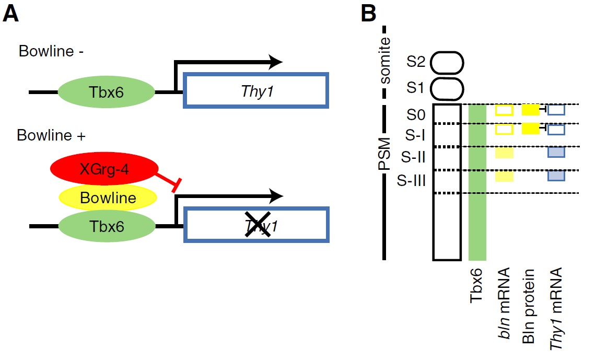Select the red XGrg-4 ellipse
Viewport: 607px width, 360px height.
(x=104, y=169)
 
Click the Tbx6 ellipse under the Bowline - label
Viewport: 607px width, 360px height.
(x=106, y=93)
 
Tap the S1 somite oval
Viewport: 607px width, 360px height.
(x=447, y=88)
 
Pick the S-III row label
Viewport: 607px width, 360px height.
(x=413, y=181)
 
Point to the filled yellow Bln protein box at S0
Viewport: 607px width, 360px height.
(x=530, y=110)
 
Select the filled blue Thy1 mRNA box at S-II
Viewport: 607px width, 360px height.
(x=556, y=153)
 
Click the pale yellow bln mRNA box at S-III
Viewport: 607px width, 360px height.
(x=504, y=177)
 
